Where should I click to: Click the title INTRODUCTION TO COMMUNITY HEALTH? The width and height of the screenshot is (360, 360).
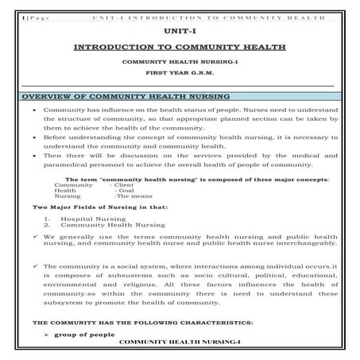(x=180, y=46)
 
